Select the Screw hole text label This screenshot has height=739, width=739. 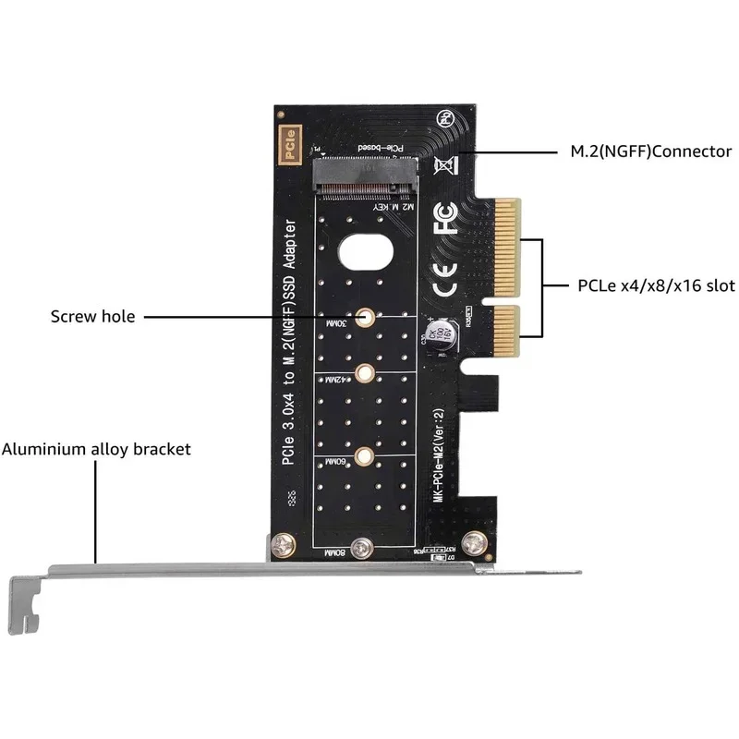coord(92,317)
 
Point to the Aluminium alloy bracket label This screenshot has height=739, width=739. coord(96,450)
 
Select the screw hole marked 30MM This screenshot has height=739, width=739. coord(366,317)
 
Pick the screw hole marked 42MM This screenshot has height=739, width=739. coord(366,374)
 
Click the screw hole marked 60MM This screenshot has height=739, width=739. coord(366,454)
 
